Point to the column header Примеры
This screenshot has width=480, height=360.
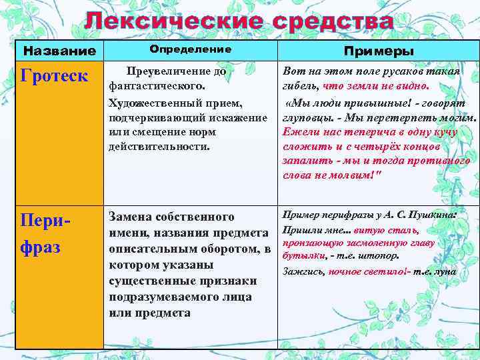pyautogui.click(x=378, y=51)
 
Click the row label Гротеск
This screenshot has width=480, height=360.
pyautogui.click(x=55, y=75)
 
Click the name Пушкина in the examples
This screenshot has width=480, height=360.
pyautogui.click(x=433, y=215)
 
